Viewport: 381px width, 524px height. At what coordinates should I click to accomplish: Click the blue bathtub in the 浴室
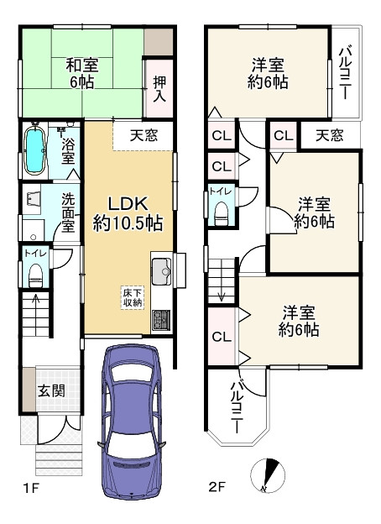(x=35, y=151)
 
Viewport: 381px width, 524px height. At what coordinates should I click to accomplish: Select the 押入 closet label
(x=159, y=88)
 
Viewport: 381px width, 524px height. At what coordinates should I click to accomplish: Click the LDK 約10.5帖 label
(x=128, y=213)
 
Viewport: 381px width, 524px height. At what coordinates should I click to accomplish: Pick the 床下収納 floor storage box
(x=132, y=296)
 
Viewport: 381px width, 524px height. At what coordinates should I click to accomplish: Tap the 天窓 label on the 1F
(x=142, y=134)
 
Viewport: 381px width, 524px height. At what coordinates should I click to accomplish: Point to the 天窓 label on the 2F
(x=328, y=134)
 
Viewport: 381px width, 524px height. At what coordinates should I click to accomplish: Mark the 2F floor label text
(x=217, y=486)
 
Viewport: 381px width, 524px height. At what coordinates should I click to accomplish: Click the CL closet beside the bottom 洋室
(x=221, y=337)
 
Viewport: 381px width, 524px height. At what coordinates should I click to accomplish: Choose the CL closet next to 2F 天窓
(x=282, y=135)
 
